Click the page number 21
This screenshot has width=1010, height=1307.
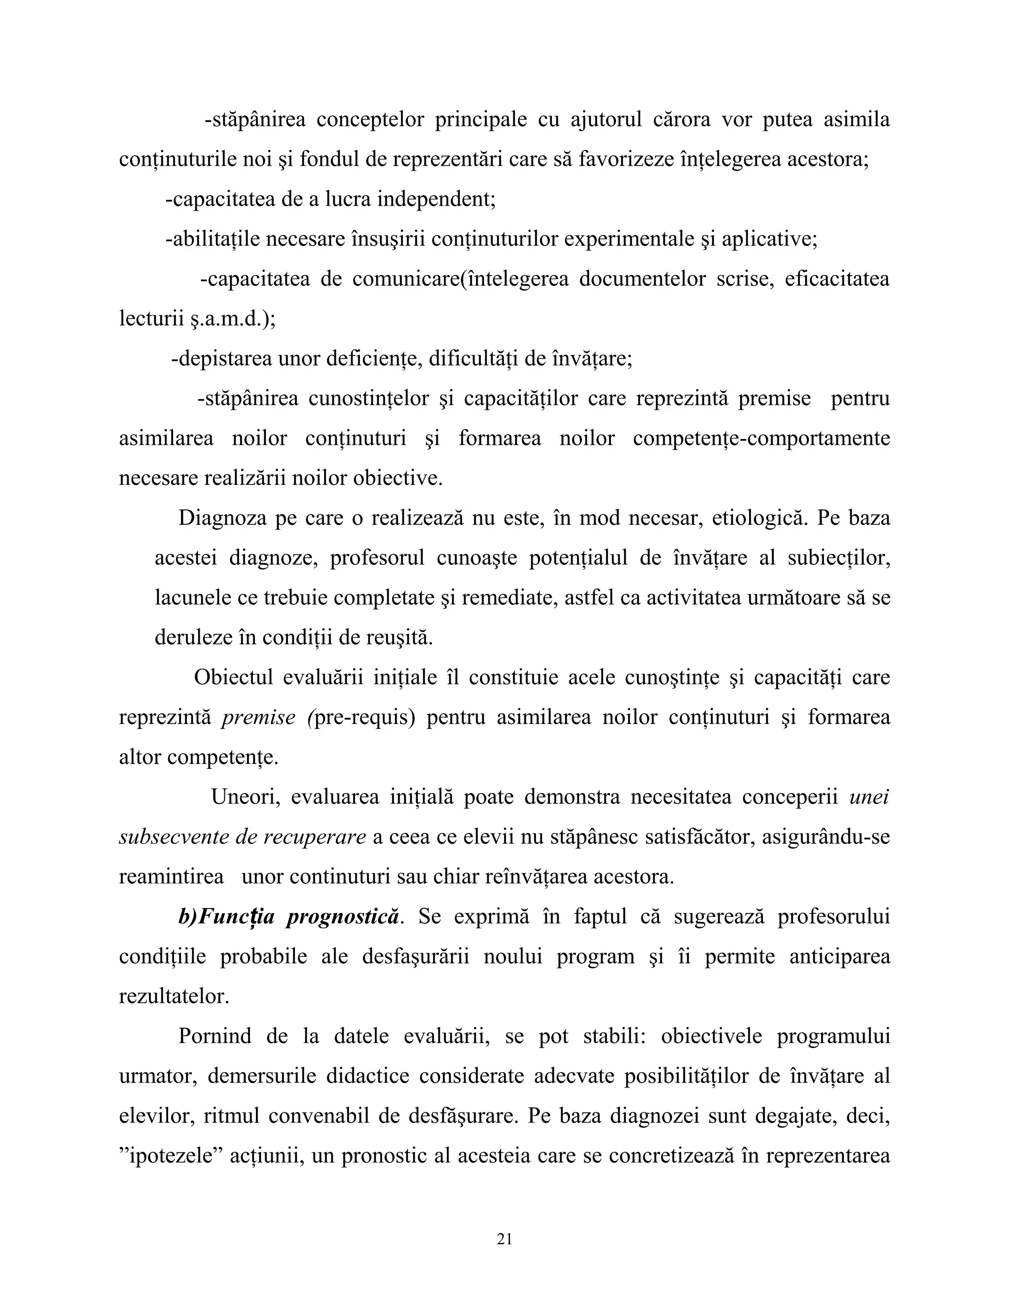[x=505, y=1239]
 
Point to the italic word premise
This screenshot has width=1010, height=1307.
[x=258, y=717]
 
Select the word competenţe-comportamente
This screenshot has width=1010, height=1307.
[x=761, y=438]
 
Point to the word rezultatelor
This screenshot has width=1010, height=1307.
[x=174, y=996]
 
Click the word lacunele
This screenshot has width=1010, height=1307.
[x=193, y=597]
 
